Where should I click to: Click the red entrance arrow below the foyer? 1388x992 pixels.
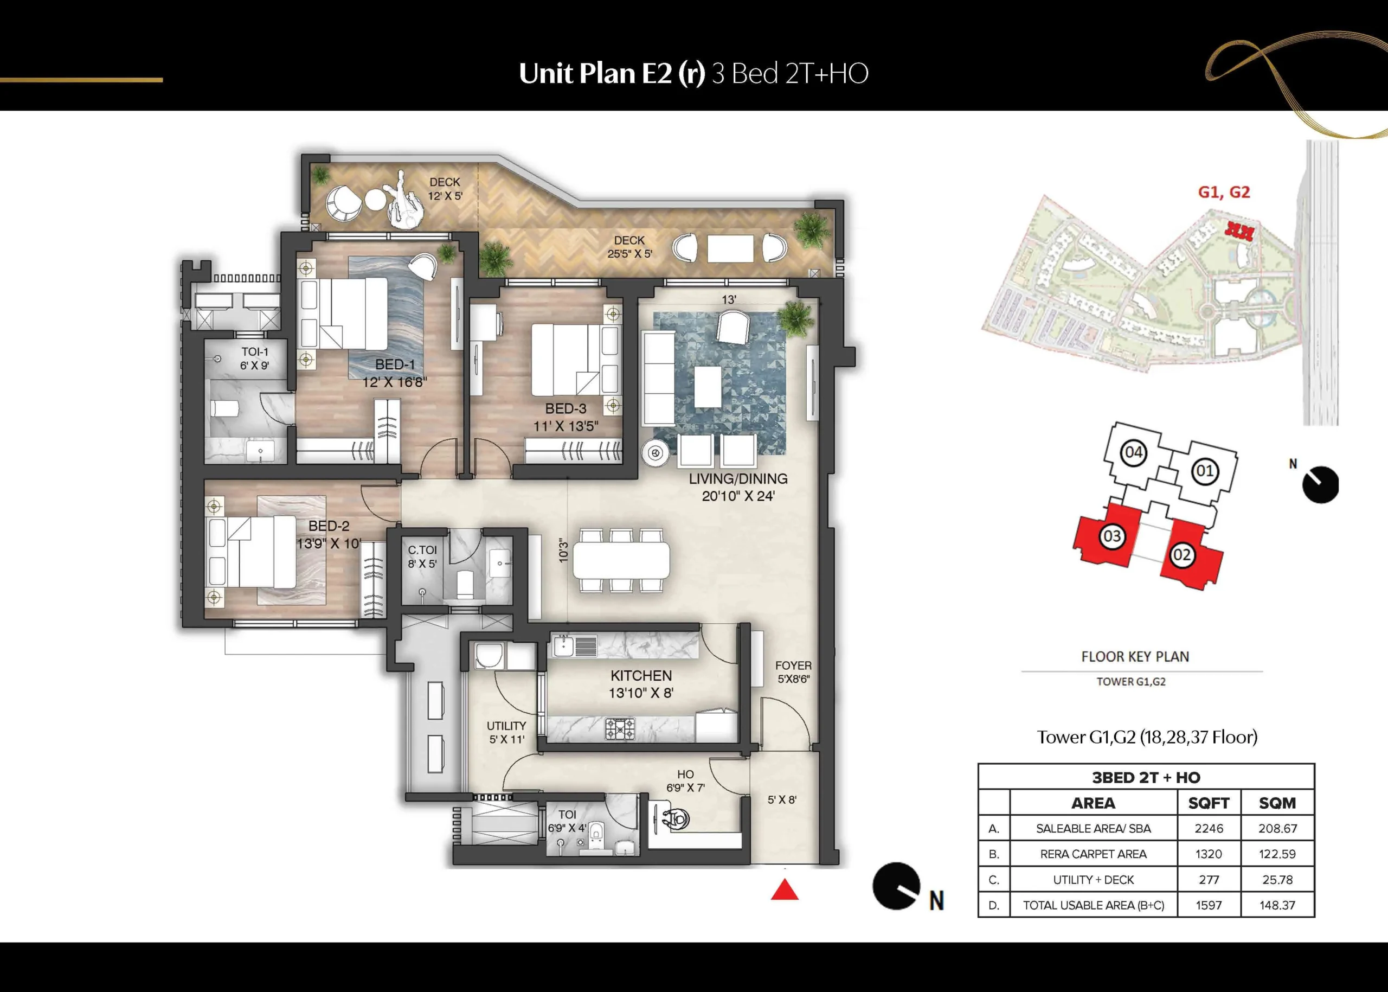point(785,890)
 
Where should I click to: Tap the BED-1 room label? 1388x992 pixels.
point(395,364)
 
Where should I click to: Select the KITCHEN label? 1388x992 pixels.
point(641,676)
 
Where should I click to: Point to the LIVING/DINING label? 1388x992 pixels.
point(738,479)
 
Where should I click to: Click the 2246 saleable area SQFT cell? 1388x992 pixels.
point(1209,828)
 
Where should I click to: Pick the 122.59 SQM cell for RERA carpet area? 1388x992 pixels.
point(1277,854)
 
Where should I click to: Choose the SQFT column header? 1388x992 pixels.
point(1209,803)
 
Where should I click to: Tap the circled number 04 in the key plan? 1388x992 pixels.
point(1133,453)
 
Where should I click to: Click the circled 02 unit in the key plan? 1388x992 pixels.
point(1181,555)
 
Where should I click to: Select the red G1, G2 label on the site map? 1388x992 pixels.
point(1224,193)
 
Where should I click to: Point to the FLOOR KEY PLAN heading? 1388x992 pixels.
point(1135,657)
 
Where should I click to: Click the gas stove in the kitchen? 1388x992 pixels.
point(620,729)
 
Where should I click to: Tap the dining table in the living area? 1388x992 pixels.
point(621,560)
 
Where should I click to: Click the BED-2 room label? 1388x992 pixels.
point(329,526)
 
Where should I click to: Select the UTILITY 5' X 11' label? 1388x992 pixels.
point(506,732)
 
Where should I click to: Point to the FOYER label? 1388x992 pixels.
point(793,665)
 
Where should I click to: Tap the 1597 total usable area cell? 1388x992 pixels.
point(1209,905)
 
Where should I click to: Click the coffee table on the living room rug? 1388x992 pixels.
point(708,386)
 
